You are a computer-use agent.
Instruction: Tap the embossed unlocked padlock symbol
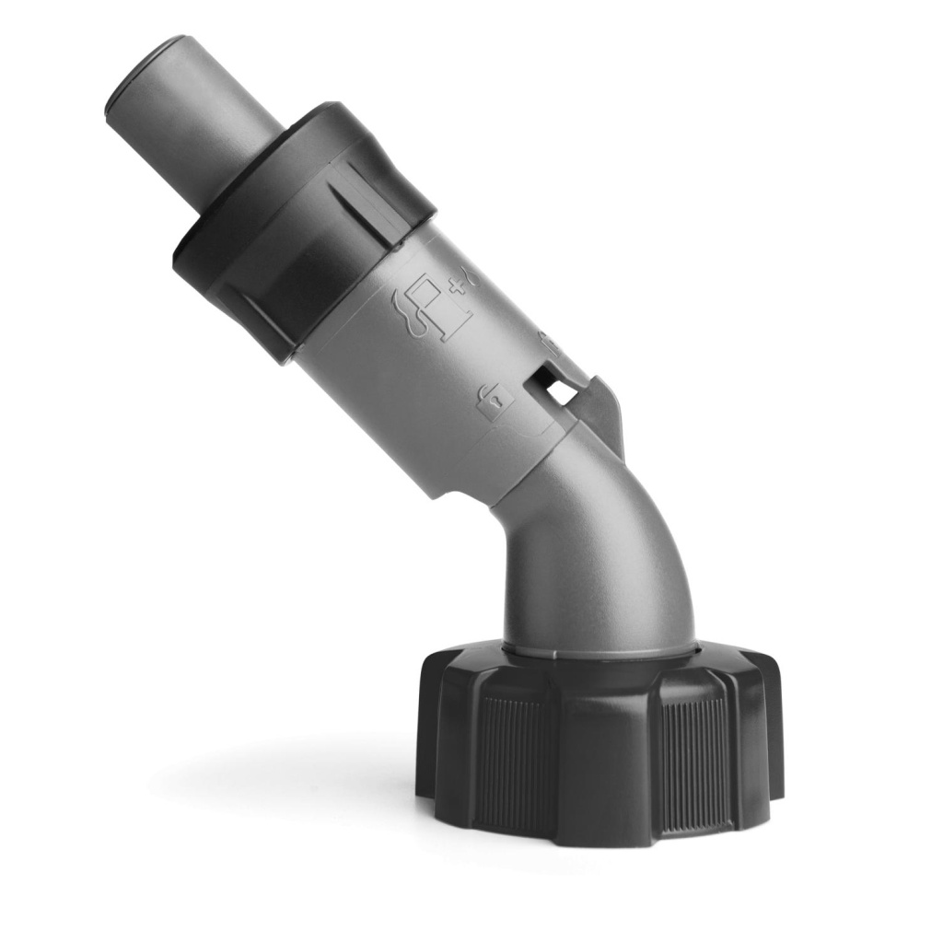pos(491,400)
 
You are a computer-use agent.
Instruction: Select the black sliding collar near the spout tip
pos(304,230)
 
